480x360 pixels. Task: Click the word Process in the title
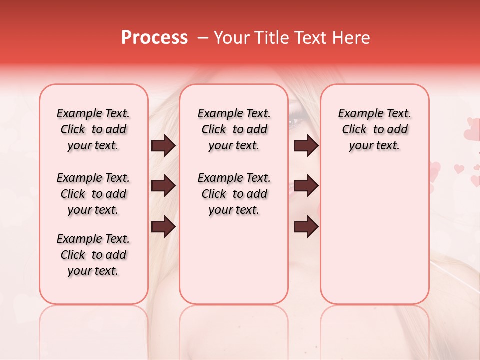[154, 38]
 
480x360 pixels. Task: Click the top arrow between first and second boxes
[163, 146]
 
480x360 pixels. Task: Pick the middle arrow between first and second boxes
[163, 186]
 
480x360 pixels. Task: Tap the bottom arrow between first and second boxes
[163, 226]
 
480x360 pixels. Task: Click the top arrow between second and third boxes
[306, 146]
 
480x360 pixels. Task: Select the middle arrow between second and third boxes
[306, 186]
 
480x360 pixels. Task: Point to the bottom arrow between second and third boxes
[306, 226]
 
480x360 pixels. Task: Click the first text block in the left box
[93, 130]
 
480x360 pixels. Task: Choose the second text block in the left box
[93, 194]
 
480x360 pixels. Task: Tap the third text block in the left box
[93, 255]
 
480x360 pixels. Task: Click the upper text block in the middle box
[234, 130]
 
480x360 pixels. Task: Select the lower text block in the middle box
[234, 194]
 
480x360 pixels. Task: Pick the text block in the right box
[374, 130]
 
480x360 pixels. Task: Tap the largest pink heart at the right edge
[472, 133]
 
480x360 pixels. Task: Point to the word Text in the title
[310, 38]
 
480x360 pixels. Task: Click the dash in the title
[203, 38]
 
